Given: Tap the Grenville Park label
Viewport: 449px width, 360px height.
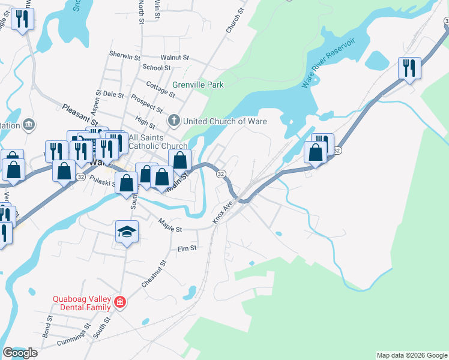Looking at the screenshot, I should [198, 85].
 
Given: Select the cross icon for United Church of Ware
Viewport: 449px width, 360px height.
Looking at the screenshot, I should [174, 121].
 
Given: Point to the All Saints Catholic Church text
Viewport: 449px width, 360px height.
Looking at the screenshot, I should [150, 141].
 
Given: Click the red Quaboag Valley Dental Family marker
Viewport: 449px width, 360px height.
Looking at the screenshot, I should [120, 301].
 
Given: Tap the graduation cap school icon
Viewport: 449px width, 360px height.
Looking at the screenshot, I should [127, 232].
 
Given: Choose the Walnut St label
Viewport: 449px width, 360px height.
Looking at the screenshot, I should [175, 58].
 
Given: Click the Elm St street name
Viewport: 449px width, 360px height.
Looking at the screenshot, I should [187, 248].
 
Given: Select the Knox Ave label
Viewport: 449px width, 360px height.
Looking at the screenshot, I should [223, 213].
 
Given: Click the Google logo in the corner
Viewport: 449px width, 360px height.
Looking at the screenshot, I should [20, 353].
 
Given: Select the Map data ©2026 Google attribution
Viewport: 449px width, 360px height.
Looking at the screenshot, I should [411, 355].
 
